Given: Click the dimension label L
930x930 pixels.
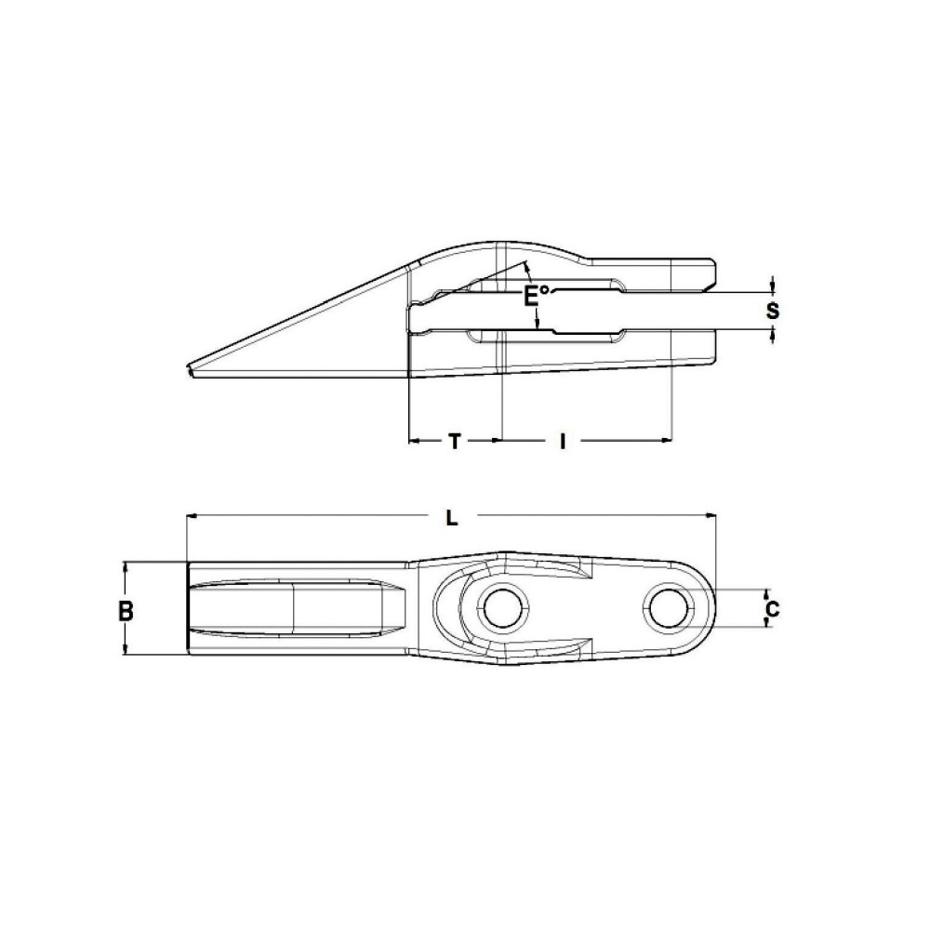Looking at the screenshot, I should (451, 518).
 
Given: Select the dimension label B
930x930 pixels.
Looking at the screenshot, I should (126, 611).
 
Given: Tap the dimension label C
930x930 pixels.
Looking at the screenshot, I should (771, 610).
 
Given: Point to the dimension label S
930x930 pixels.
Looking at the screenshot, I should (772, 311).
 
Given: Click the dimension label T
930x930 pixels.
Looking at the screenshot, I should (454, 442).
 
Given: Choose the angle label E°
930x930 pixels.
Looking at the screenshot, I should (535, 296).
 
